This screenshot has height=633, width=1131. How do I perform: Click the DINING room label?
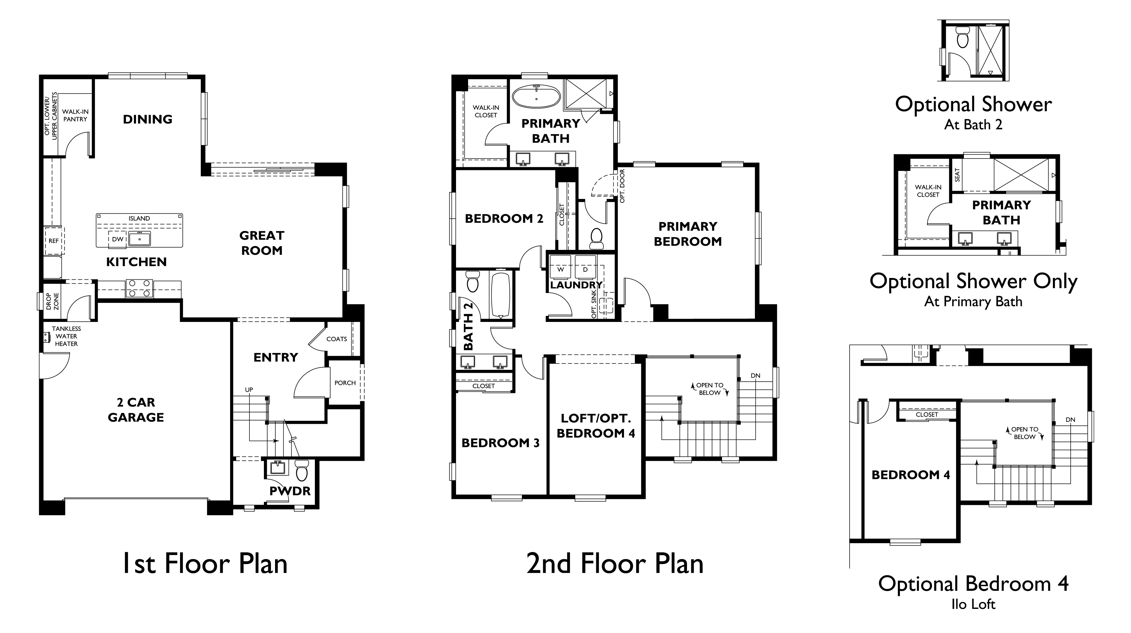(147, 119)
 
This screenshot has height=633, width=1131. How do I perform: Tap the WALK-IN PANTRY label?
(75, 115)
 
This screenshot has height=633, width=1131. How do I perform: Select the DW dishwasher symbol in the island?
(118, 239)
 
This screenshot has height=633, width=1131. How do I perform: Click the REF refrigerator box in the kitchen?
(54, 241)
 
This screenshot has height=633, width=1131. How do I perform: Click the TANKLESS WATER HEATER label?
(66, 336)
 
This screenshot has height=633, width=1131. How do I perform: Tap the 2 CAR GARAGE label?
(136, 410)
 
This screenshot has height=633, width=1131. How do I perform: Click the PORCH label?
(345, 383)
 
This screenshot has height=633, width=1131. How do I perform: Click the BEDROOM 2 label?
(504, 219)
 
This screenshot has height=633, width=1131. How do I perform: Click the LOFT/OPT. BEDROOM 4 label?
(596, 426)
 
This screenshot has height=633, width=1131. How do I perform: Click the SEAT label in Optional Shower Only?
(957, 175)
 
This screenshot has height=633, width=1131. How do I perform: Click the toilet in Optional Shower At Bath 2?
(962, 37)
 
